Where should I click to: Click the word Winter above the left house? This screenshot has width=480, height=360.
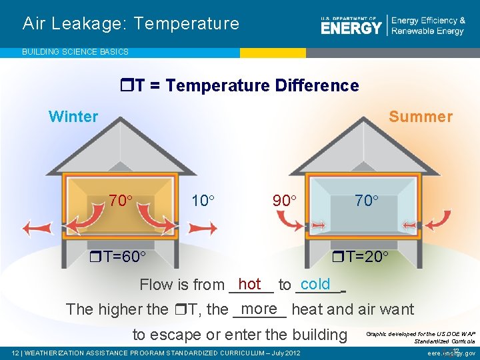point(73,117)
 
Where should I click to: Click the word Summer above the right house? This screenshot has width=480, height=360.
point(420,117)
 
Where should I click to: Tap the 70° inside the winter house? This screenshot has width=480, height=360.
point(121,199)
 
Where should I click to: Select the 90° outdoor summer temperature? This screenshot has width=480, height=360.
point(284,200)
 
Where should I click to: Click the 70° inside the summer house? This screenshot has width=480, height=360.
point(366,199)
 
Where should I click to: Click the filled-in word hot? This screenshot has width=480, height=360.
point(249,284)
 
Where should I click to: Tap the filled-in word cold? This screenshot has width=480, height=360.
point(315,284)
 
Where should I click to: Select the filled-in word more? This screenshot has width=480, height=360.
point(259,309)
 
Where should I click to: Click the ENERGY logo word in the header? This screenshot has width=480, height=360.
point(351,27)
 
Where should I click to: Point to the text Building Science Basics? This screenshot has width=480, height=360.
point(75,51)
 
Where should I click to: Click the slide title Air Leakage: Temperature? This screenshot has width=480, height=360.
point(131,24)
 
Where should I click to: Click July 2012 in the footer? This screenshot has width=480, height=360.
point(285,353)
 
